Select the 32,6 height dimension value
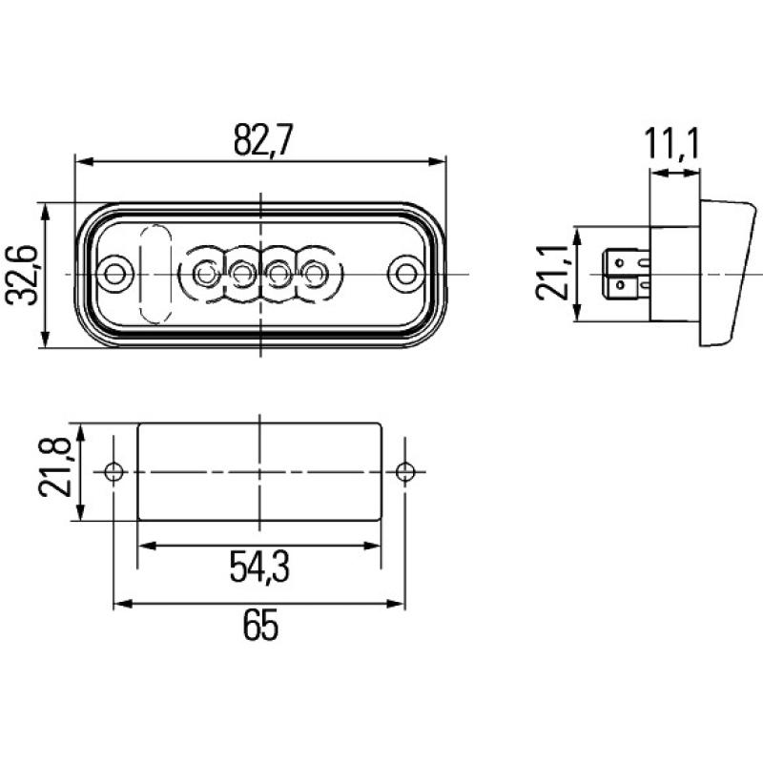click(x=24, y=275)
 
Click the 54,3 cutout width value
click(x=258, y=567)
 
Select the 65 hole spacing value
click(x=258, y=627)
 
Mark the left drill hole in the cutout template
click(x=113, y=471)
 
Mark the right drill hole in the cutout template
click(x=405, y=471)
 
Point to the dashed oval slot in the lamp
click(x=155, y=274)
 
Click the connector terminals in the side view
click(x=624, y=273)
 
